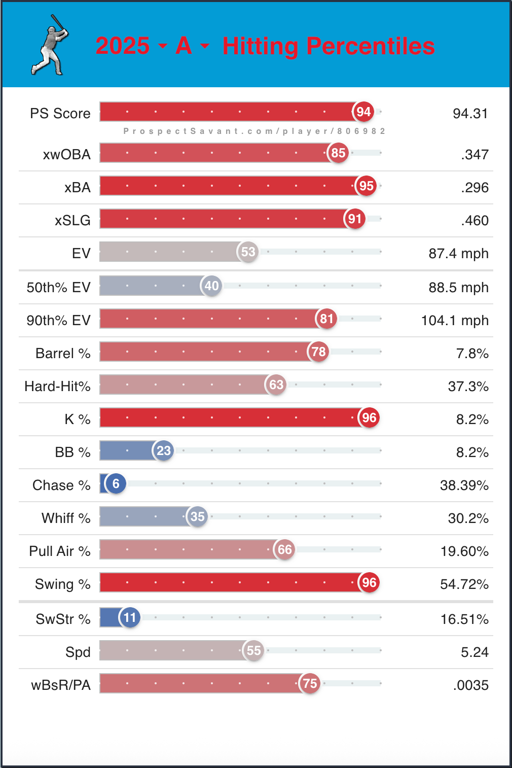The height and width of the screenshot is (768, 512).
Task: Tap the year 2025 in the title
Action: (122, 46)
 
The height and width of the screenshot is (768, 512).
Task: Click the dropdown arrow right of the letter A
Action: (205, 46)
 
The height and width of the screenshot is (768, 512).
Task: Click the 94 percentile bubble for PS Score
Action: (363, 112)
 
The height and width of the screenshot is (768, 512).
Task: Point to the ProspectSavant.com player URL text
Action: (254, 131)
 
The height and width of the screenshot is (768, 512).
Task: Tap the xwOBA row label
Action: (66, 154)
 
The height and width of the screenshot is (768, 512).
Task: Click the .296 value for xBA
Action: (474, 188)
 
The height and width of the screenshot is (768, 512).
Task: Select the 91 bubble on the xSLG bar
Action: (355, 219)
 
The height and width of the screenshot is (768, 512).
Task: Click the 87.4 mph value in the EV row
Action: (458, 254)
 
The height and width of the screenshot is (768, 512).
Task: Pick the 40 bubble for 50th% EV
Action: (211, 286)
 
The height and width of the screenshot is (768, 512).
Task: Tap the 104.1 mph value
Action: (455, 321)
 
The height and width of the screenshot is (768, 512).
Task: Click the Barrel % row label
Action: (63, 354)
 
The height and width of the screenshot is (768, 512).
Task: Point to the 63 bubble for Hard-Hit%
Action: (276, 385)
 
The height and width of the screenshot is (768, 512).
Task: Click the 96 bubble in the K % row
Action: (369, 418)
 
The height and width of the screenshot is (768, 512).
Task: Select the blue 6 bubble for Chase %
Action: (116, 484)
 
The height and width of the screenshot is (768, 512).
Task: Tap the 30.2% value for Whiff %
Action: (468, 518)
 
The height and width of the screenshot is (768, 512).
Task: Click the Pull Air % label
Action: (59, 551)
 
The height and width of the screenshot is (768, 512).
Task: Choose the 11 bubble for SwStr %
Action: (130, 618)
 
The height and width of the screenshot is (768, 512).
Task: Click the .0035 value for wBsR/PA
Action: (471, 685)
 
